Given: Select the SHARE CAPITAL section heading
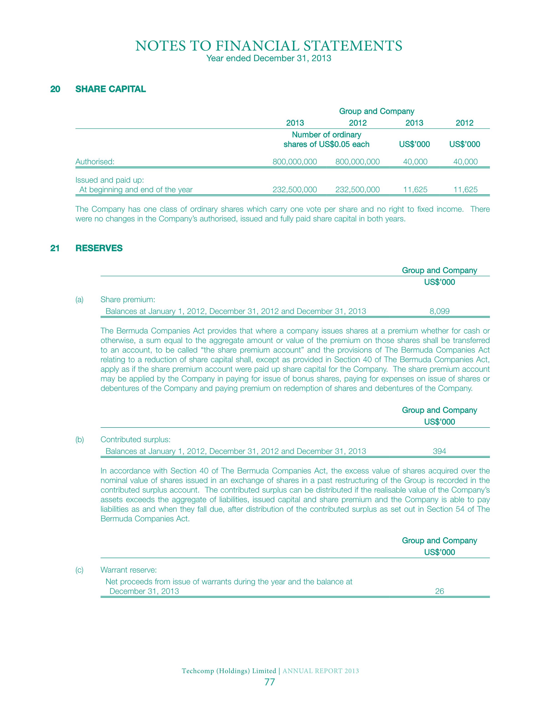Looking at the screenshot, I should pos(111,89).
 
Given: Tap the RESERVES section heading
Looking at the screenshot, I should pos(99,248).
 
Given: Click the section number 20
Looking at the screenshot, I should pos(55,89).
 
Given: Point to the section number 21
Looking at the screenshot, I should pos(55,248).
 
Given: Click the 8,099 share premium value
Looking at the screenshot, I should pos(439,311).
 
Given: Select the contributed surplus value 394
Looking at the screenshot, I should pos(439,451).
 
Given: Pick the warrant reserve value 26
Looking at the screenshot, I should pos(439,591).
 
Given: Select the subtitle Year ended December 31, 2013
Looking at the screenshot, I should pos(269,59).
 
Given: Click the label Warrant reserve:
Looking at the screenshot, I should pos(129,570).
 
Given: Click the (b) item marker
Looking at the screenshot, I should pos(79,440).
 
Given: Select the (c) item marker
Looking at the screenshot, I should pos(79,570).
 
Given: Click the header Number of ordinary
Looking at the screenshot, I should pos(326,135).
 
